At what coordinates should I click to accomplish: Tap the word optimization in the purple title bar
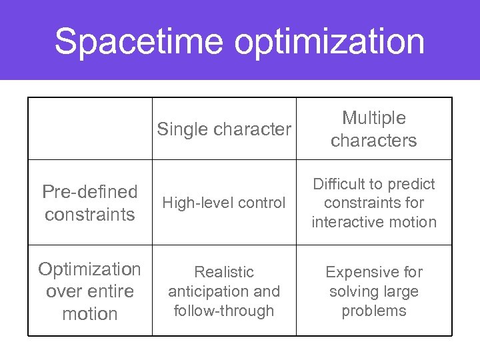(329, 41)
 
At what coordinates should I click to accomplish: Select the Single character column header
(224, 129)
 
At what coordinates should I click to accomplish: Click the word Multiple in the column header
(373, 118)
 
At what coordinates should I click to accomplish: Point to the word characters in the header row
(373, 141)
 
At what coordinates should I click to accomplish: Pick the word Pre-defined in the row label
(90, 192)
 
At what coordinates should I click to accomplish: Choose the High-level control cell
(224, 203)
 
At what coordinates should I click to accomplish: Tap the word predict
(412, 184)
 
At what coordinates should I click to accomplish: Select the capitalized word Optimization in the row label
(90, 269)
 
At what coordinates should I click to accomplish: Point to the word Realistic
(224, 272)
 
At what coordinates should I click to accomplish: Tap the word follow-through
(224, 311)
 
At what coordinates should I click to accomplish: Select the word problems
(373, 311)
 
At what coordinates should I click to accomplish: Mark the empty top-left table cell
(90, 129)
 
